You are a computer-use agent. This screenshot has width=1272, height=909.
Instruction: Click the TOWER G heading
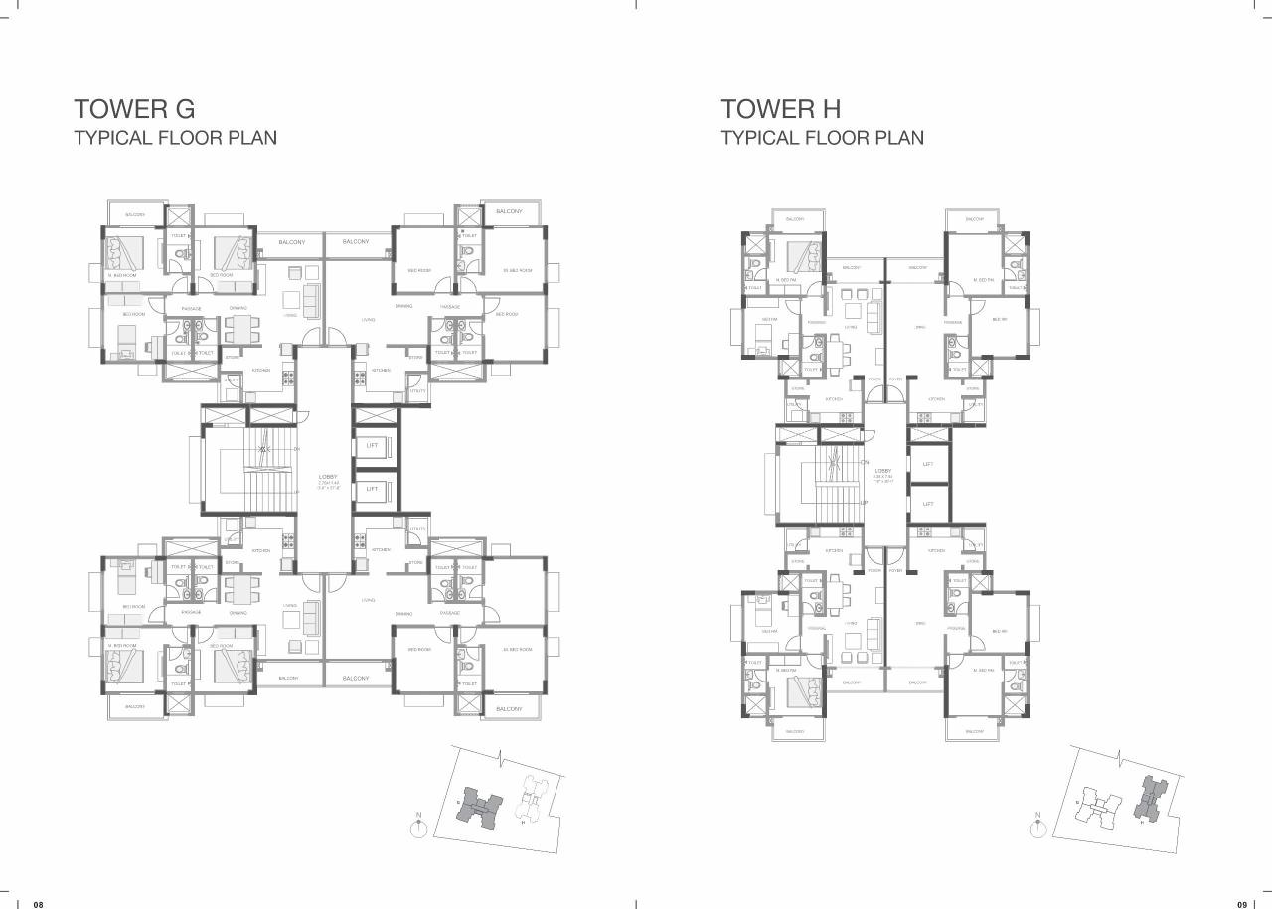(x=134, y=108)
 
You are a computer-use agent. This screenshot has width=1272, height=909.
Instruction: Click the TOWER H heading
(x=781, y=108)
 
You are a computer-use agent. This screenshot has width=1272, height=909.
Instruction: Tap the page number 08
(x=39, y=904)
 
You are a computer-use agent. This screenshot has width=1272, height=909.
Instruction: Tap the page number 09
(x=1241, y=904)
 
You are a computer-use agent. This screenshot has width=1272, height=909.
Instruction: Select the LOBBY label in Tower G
(x=327, y=478)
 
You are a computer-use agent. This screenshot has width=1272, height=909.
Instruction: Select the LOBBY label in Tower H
(x=883, y=471)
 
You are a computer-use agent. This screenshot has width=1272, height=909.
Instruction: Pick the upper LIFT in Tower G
(x=373, y=446)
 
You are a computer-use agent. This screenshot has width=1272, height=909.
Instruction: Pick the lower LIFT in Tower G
(x=373, y=488)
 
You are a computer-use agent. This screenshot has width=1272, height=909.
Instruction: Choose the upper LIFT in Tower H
(x=928, y=464)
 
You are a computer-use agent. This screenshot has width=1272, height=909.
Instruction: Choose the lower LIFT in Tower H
(x=928, y=504)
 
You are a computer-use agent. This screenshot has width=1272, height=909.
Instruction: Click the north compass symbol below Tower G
(x=419, y=827)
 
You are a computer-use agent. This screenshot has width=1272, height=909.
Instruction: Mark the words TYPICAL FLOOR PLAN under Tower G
(x=176, y=138)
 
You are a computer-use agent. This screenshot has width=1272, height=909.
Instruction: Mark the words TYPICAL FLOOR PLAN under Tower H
(x=823, y=138)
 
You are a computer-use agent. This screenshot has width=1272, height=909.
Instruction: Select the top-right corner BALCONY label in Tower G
(x=509, y=211)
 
